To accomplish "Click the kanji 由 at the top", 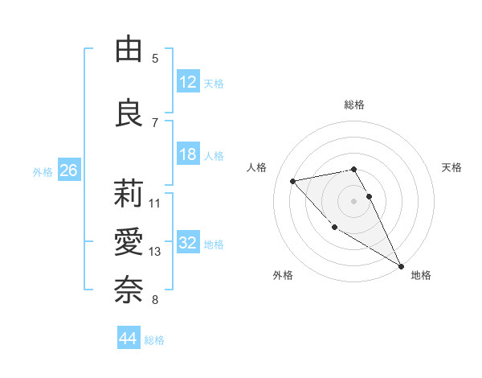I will click(129, 50).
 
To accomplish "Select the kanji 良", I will click(129, 113).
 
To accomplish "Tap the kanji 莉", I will click(129, 193).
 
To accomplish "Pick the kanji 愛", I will click(129, 241).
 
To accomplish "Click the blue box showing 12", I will click(188, 82).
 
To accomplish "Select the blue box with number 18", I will click(188, 154).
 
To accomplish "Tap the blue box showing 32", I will click(188, 244).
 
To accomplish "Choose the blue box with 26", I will click(68, 171).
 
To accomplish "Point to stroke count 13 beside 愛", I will click(155, 252).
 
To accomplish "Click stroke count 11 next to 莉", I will click(155, 203).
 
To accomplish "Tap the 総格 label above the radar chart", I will click(354, 105).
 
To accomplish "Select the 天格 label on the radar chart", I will click(451, 167).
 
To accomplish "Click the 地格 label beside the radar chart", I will click(421, 275).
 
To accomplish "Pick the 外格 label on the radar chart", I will click(283, 275).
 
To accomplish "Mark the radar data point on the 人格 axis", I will click(293, 180).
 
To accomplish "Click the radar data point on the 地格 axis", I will click(402, 266).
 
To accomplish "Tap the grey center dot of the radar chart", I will click(354, 200).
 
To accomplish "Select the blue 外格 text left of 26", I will click(43, 171).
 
